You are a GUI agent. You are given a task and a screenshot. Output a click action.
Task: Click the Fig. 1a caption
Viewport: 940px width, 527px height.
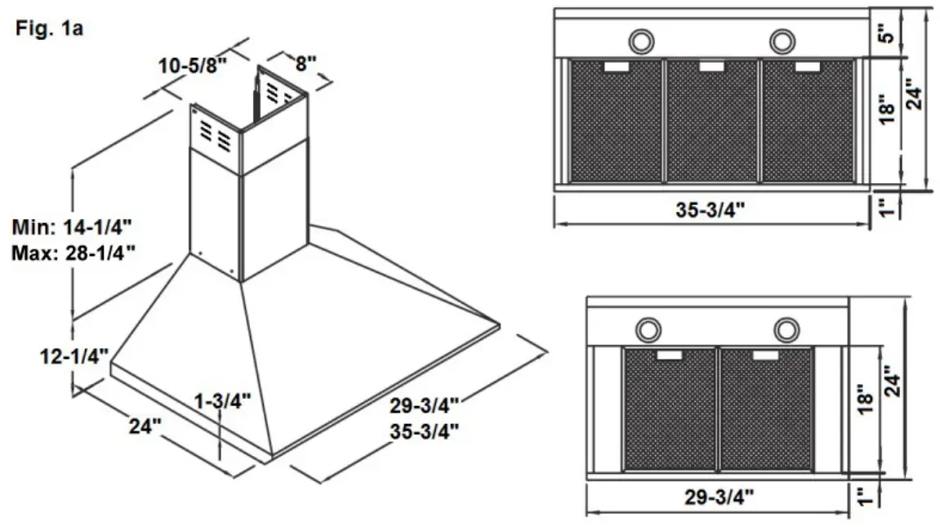click(x=50, y=29)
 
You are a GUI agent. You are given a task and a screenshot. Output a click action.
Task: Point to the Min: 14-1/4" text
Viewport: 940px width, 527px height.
click(x=73, y=227)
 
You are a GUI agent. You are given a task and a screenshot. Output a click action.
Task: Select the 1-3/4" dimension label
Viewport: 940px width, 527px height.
click(x=222, y=400)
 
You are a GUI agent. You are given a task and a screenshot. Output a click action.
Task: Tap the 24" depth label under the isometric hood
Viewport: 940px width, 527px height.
click(x=145, y=426)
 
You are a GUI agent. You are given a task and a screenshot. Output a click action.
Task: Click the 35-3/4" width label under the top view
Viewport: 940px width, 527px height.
click(x=710, y=210)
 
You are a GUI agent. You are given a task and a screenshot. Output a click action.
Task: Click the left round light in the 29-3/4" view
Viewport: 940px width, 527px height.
click(x=648, y=329)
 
